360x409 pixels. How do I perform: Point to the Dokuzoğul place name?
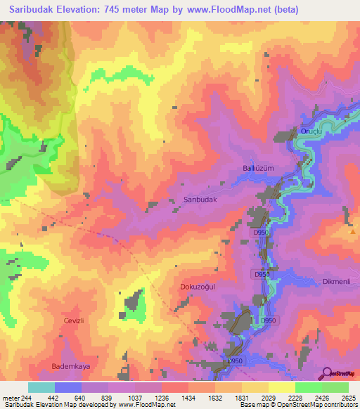coord(201,287)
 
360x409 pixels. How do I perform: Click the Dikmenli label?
coord(337,282)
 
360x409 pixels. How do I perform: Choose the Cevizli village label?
coord(74,320)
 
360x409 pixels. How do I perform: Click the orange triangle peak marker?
coord(352,231)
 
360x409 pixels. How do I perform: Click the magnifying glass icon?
coord(328,374)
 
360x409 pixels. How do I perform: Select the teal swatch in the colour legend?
coord(41,387)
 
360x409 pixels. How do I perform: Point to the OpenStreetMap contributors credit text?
coord(317,405)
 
